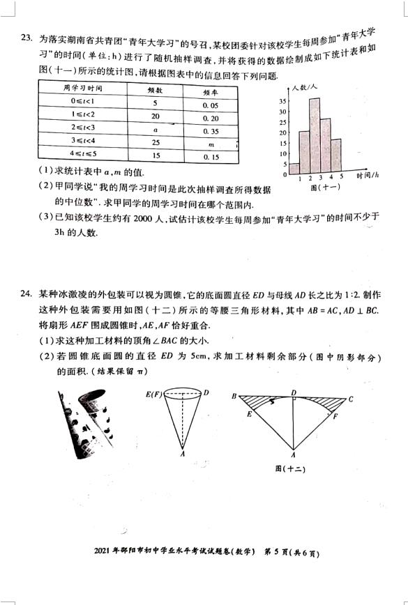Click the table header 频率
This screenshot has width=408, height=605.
(x=211, y=89)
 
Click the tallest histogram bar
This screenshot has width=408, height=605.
(x=315, y=136)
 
